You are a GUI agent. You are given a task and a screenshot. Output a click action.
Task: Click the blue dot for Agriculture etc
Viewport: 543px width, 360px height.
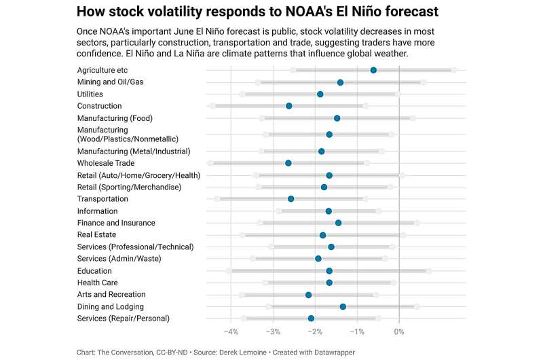click(x=373, y=70)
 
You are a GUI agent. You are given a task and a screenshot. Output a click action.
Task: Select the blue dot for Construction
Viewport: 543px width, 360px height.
click(x=289, y=106)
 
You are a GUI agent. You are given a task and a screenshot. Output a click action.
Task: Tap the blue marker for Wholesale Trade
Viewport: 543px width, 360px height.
click(x=288, y=163)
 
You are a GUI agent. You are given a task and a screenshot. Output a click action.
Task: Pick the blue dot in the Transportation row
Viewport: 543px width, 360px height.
click(x=291, y=199)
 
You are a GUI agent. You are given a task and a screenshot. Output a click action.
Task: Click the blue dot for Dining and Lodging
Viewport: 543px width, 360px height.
click(x=343, y=306)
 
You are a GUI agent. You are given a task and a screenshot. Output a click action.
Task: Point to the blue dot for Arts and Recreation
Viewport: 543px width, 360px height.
click(x=308, y=295)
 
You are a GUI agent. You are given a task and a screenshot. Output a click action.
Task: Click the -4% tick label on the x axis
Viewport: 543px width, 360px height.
click(x=231, y=331)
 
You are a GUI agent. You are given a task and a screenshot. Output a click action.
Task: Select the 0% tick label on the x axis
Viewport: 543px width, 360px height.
click(x=399, y=331)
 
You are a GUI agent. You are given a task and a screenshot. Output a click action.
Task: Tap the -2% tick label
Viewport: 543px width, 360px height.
click(x=315, y=331)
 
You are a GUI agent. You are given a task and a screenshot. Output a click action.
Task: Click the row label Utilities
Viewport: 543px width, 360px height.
click(x=90, y=94)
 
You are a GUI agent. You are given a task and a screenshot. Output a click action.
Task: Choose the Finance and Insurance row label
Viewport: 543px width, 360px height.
click(x=116, y=223)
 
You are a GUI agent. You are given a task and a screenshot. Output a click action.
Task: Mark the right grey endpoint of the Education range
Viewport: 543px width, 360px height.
click(x=429, y=271)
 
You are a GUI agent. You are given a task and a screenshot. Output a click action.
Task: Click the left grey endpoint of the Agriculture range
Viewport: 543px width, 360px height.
click(x=293, y=70)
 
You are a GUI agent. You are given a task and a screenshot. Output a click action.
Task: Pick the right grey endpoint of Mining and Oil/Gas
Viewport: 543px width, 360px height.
click(x=423, y=82)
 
